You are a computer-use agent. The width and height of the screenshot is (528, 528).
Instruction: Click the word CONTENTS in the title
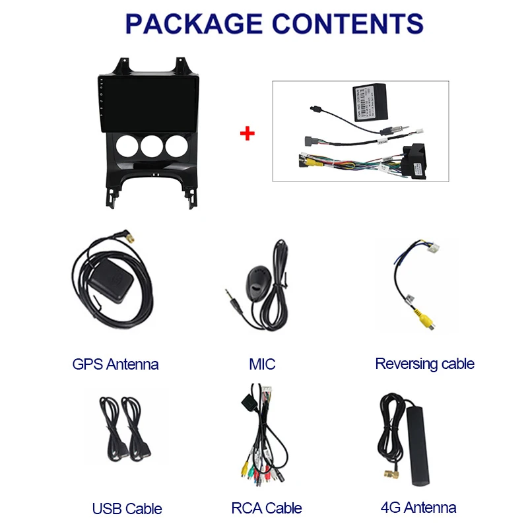pyautogui.click(x=350, y=24)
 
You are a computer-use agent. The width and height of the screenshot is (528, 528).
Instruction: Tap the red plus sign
pyautogui.click(x=247, y=133)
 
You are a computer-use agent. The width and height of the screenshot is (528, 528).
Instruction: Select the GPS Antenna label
pyautogui.click(x=115, y=364)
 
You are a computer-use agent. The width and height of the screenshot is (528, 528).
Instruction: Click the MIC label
pyautogui.click(x=262, y=364)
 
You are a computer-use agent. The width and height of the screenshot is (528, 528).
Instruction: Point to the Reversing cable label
pyautogui.click(x=424, y=364)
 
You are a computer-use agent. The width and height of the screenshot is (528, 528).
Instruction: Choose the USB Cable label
pyautogui.click(x=127, y=508)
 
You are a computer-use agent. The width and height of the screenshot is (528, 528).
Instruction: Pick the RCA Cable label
pyautogui.click(x=267, y=508)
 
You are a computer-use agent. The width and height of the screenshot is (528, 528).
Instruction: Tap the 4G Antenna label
pyautogui.click(x=418, y=508)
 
